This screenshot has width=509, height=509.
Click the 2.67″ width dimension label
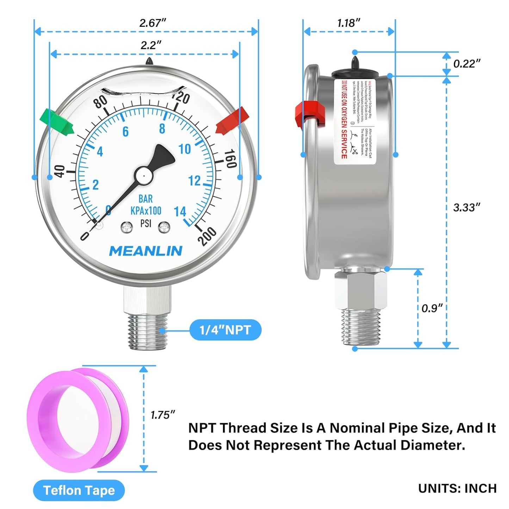click(x=152, y=23)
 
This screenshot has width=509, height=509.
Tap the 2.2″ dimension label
click(x=151, y=45)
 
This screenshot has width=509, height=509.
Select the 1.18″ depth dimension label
click(x=349, y=23)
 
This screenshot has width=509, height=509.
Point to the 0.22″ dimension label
click(x=466, y=64)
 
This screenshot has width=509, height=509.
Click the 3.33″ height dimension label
click(x=466, y=207)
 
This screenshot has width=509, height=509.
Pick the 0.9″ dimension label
click(x=432, y=308)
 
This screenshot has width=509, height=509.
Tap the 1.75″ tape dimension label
click(x=162, y=415)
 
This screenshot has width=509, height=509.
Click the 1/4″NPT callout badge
click(x=225, y=330)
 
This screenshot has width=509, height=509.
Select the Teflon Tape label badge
click(x=79, y=490)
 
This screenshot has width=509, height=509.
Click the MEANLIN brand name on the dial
click(x=146, y=251)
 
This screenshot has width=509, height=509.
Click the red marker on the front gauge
click(x=232, y=121)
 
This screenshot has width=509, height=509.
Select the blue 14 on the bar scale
click(x=180, y=211)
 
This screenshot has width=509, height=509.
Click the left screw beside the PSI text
click(x=127, y=227)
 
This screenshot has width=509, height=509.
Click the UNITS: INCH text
click(x=457, y=489)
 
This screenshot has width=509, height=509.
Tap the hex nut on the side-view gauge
click(x=361, y=290)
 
